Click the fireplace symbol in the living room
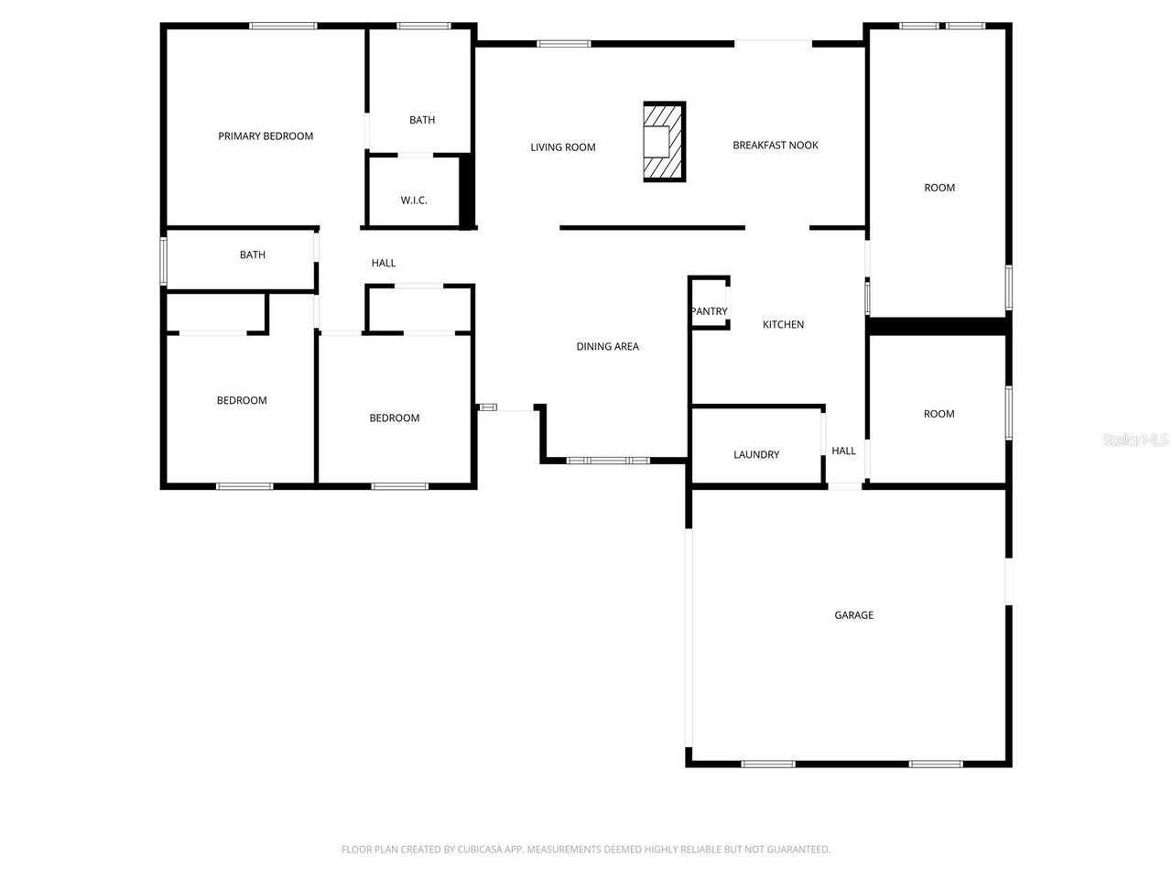coord(664,142)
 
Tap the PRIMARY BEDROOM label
coord(266,136)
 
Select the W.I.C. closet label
coord(414,201)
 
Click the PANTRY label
coord(709,311)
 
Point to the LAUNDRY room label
coord(756,455)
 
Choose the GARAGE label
coord(853,615)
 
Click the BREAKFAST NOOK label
coord(776,146)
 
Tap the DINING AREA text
coord(607,347)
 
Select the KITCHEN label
coord(784,325)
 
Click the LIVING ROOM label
coord(563,147)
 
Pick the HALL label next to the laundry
coord(843,450)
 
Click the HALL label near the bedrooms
coord(384,264)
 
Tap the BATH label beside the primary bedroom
coord(422,120)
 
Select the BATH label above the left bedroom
coord(253,255)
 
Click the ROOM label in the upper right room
coord(939,188)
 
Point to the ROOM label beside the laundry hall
coord(939,414)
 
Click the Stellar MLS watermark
coord(1135,440)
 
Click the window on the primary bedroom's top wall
coord(283,26)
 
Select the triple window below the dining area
coord(608,461)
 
